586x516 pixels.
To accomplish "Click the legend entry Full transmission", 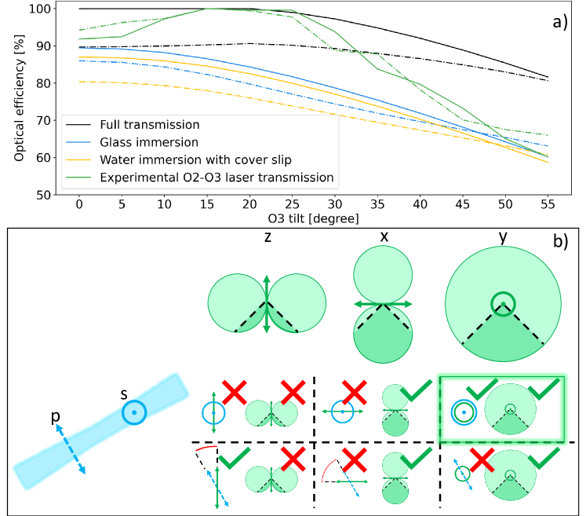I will [x=150, y=125].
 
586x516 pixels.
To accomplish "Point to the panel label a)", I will [x=559, y=23].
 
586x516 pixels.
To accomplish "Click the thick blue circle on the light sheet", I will [x=134, y=412].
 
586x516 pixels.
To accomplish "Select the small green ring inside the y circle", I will [x=503, y=304].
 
